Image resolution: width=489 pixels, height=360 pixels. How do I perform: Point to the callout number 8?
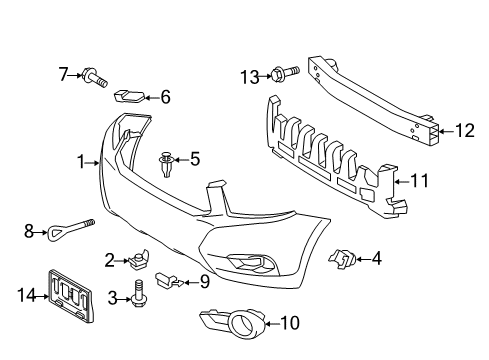(x=29, y=231)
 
